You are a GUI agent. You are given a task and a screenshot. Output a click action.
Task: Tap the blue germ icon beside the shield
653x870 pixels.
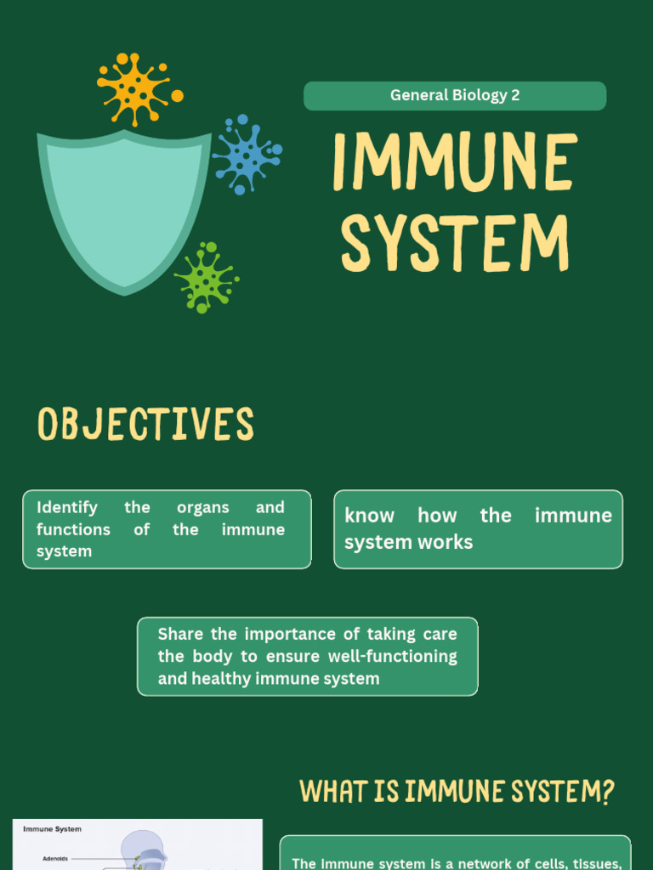245,155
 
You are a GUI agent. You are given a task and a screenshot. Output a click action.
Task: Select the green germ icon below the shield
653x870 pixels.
205,278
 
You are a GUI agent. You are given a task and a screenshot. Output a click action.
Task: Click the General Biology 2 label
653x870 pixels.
455,95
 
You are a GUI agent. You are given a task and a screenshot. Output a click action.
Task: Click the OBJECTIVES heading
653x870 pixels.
145,424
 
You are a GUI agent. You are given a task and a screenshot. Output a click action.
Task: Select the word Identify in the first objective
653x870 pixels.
67,507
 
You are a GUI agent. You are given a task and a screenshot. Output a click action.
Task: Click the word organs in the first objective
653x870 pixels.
202,507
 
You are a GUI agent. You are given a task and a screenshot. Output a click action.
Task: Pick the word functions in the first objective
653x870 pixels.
73,529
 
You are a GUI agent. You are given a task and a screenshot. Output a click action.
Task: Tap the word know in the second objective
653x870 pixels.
369,516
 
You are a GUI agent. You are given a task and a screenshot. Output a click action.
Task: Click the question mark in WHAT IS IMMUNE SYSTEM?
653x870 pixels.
605,792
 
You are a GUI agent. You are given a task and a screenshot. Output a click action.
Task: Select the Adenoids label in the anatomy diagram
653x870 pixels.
55,859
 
